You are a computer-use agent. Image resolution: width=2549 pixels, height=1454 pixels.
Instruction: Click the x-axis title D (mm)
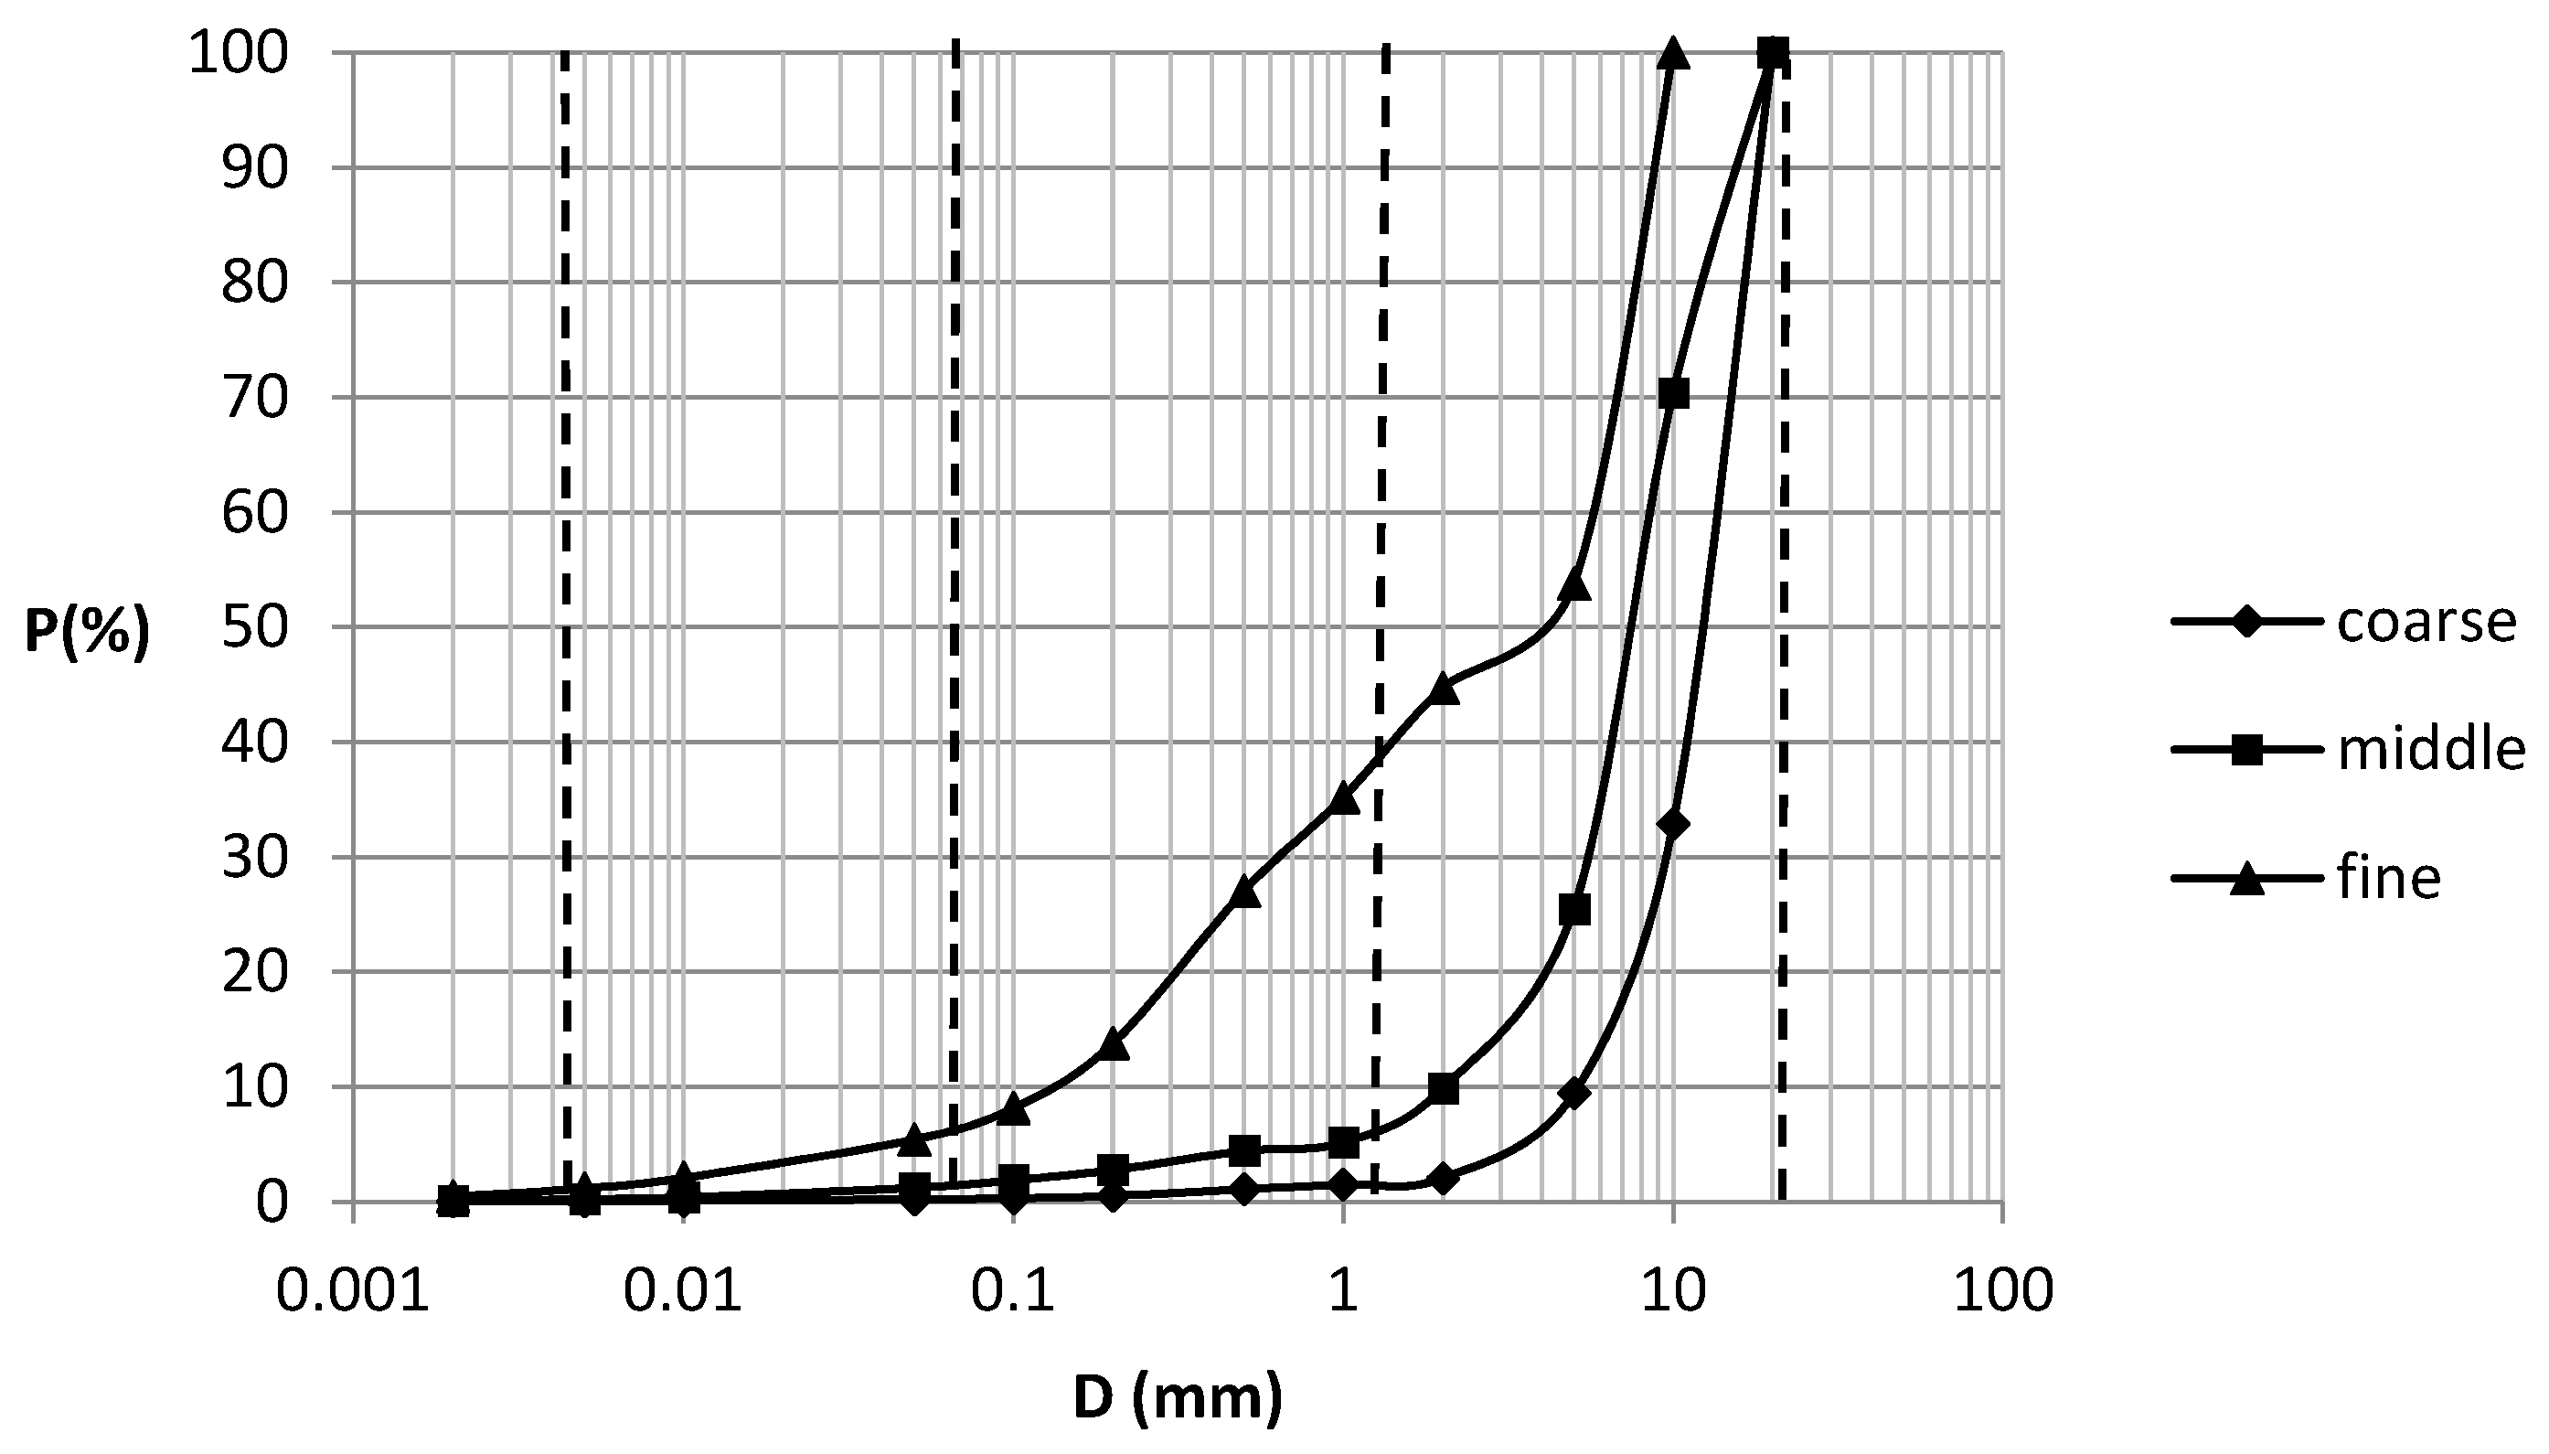[x=1178, y=1397]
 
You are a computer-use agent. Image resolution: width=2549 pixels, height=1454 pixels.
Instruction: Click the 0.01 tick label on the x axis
[x=683, y=1291]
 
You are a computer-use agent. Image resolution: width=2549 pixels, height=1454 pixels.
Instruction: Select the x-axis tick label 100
[x=2003, y=1291]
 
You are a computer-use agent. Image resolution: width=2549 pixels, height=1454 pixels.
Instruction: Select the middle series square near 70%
[x=1673, y=393]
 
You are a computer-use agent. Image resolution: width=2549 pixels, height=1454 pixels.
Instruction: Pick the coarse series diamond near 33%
[x=1673, y=824]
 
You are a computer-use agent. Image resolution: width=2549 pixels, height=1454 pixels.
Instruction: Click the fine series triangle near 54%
[x=1574, y=584]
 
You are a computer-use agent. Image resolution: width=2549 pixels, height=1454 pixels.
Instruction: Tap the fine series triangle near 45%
[x=1444, y=688]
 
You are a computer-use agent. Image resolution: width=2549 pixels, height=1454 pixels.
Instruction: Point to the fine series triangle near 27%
[x=1245, y=892]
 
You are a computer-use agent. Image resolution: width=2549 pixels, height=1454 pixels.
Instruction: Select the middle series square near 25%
[x=1574, y=910]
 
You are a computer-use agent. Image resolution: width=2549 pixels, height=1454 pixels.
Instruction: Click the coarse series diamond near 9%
[x=1574, y=1094]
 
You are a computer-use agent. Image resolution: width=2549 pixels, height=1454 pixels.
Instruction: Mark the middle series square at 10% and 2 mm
[x=1444, y=1088]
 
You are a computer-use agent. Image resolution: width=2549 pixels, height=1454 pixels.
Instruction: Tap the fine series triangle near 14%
[x=1114, y=1044]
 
